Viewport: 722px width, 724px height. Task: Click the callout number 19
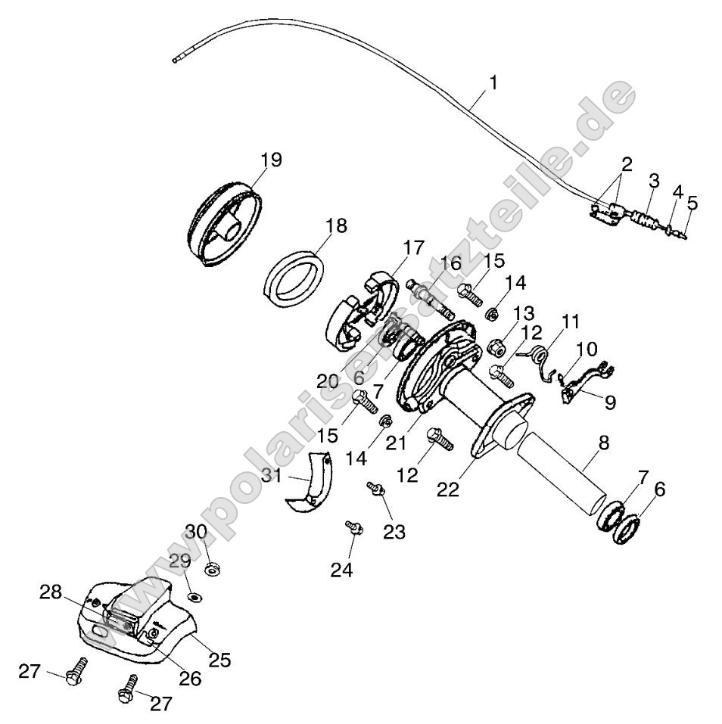[x=270, y=160]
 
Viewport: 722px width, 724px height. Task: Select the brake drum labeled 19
[x=226, y=225]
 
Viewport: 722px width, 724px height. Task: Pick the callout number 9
[x=608, y=402]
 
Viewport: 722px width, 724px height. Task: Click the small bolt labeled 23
[x=374, y=489]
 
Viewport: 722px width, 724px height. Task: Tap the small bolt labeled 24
[x=353, y=527]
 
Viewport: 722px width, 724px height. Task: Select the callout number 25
[x=219, y=660]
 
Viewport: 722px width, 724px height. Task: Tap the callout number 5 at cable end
[x=692, y=203]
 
